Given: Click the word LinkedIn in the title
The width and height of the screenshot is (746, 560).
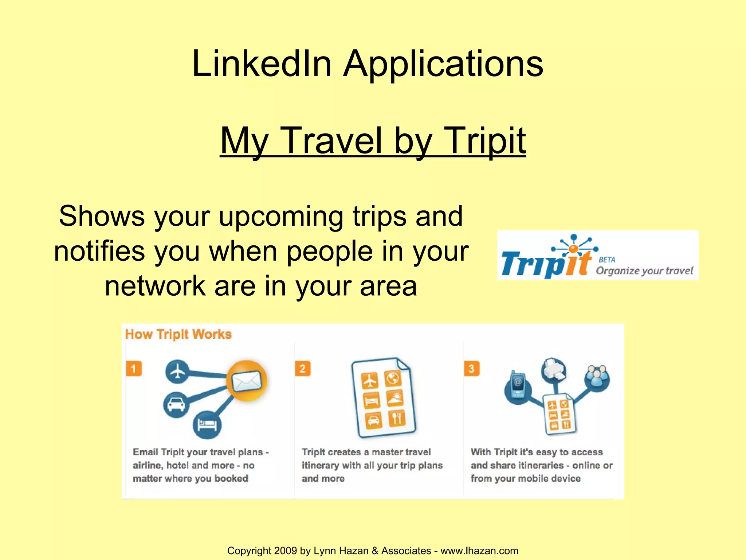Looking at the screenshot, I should click(262, 64).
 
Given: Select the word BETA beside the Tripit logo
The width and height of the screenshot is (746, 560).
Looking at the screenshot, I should click(607, 260).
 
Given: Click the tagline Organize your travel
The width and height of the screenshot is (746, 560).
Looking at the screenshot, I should click(644, 271).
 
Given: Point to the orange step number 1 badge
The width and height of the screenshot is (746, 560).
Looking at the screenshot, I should click(134, 369).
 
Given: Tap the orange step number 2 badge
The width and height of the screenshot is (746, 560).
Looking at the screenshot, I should click(303, 369).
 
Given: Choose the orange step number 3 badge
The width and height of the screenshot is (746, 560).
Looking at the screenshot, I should click(472, 369).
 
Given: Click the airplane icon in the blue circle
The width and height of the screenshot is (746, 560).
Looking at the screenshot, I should click(177, 372).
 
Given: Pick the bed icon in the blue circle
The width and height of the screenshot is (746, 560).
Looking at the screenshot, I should click(207, 425).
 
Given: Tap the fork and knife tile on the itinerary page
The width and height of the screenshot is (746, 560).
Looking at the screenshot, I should click(397, 418).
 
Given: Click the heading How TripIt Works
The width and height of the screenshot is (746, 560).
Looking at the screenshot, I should click(178, 334).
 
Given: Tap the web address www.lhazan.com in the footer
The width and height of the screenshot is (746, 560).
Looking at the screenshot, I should click(479, 551).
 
